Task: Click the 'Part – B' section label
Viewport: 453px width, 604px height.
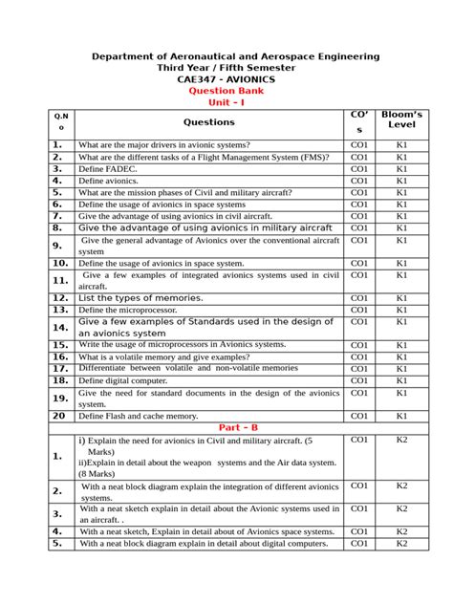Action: pos(227,427)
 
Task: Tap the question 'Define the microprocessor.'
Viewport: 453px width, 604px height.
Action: pos(127,311)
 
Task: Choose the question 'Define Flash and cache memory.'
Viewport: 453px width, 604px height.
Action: pos(139,416)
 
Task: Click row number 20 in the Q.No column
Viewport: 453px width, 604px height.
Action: pos(60,416)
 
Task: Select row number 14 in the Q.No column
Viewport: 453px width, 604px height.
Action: pos(60,327)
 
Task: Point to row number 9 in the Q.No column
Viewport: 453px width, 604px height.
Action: pos(60,246)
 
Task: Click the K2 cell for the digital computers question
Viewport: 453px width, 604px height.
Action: pos(402,543)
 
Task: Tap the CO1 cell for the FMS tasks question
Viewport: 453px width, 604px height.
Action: pos(359,156)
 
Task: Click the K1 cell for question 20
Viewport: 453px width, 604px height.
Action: pos(402,416)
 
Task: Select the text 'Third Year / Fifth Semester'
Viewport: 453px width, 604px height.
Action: pos(227,68)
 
